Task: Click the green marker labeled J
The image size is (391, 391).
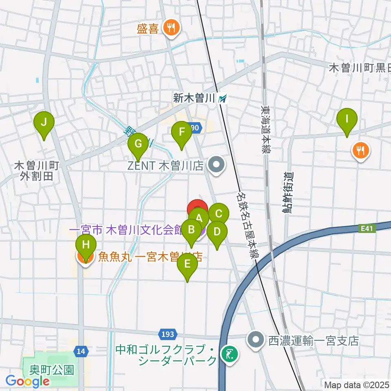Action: (44, 122)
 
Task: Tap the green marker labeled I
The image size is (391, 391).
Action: (347, 119)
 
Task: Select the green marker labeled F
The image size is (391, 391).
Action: (181, 132)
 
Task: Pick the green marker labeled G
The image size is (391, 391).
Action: (138, 144)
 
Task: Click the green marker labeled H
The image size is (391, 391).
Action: (86, 245)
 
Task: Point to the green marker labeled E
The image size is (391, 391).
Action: (187, 264)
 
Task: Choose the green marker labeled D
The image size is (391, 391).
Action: (217, 232)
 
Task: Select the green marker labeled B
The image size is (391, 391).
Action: (191, 230)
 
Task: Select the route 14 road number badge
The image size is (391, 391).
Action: (80, 350)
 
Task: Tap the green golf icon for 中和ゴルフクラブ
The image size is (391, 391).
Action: (228, 354)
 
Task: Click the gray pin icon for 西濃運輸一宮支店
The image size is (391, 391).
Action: (256, 338)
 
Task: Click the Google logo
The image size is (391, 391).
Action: (27, 382)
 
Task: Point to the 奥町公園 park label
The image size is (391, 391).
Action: (52, 370)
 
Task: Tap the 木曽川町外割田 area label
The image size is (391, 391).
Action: (37, 171)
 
